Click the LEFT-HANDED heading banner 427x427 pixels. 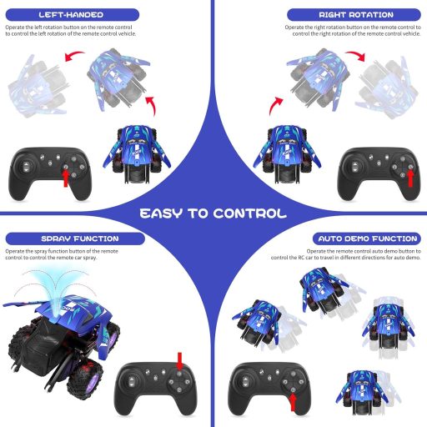pos(70,15)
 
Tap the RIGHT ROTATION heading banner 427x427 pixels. pos(355,15)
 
